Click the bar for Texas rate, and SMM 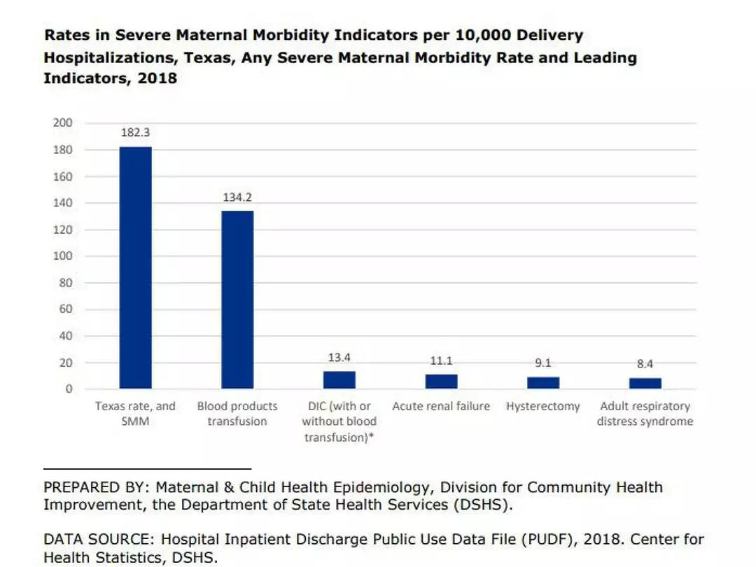135,267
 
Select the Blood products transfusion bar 237,300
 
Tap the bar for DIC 339,379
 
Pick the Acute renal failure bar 441,381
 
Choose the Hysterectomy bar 543,382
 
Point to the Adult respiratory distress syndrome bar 645,383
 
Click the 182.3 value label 135,132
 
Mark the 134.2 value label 237,197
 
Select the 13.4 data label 339,358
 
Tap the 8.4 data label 645,364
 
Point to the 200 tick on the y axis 62,122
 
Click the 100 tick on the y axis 62,256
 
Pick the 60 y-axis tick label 65,309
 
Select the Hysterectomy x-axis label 543,407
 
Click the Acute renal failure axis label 441,407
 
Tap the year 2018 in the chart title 157,78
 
